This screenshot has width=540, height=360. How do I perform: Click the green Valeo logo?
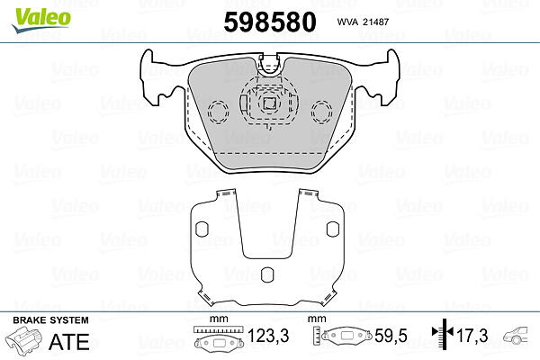point(41,20)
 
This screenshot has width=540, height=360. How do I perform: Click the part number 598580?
point(270,22)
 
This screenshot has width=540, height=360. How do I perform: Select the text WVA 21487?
point(363,22)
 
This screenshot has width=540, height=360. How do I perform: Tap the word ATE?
point(69,341)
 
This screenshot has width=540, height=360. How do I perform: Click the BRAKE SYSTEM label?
point(50,320)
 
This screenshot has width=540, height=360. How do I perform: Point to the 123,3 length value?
point(268,336)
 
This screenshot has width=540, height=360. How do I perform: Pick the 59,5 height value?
point(391,336)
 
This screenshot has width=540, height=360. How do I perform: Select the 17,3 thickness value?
point(472,336)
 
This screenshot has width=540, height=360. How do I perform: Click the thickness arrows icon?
point(443,332)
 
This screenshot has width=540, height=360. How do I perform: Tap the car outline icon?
point(516,335)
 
